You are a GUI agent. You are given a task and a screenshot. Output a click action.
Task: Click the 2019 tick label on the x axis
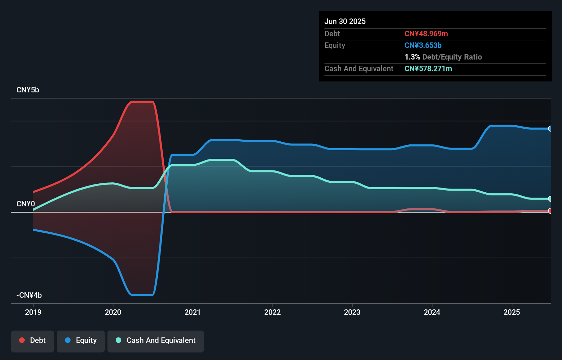point(33,312)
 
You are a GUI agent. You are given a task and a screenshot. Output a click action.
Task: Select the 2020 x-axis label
point(113,312)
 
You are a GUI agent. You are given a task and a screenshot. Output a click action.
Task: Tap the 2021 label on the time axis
point(193,312)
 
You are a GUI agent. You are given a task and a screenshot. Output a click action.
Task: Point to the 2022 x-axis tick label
point(272,312)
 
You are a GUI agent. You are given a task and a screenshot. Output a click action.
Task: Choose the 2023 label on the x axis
point(352,312)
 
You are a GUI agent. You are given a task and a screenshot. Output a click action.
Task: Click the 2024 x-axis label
point(432,312)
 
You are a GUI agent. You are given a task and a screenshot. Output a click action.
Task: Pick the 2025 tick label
point(512,312)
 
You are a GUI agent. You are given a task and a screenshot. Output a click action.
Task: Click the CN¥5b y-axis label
point(28,90)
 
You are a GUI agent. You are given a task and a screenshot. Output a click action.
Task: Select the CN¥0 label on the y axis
point(26,204)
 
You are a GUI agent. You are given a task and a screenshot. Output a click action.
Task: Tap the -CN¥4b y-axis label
point(29,295)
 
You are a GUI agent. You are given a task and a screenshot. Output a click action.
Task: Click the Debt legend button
point(33,340)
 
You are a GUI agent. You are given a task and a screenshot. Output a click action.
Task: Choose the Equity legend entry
point(81,340)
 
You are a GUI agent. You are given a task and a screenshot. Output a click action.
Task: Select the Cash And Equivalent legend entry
point(156,340)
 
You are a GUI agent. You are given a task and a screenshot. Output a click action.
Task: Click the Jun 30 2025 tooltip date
point(345,21)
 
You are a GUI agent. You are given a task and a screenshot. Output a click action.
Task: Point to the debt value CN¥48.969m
point(426,34)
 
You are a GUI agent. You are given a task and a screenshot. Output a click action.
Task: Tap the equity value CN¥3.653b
point(423,45)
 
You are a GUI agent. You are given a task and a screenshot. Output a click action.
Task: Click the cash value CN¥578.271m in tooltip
point(428,68)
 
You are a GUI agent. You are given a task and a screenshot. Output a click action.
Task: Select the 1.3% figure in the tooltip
point(412,57)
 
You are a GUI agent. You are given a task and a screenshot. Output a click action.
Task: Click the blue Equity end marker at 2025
point(550,129)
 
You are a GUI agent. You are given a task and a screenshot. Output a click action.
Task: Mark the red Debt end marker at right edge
point(550,211)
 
